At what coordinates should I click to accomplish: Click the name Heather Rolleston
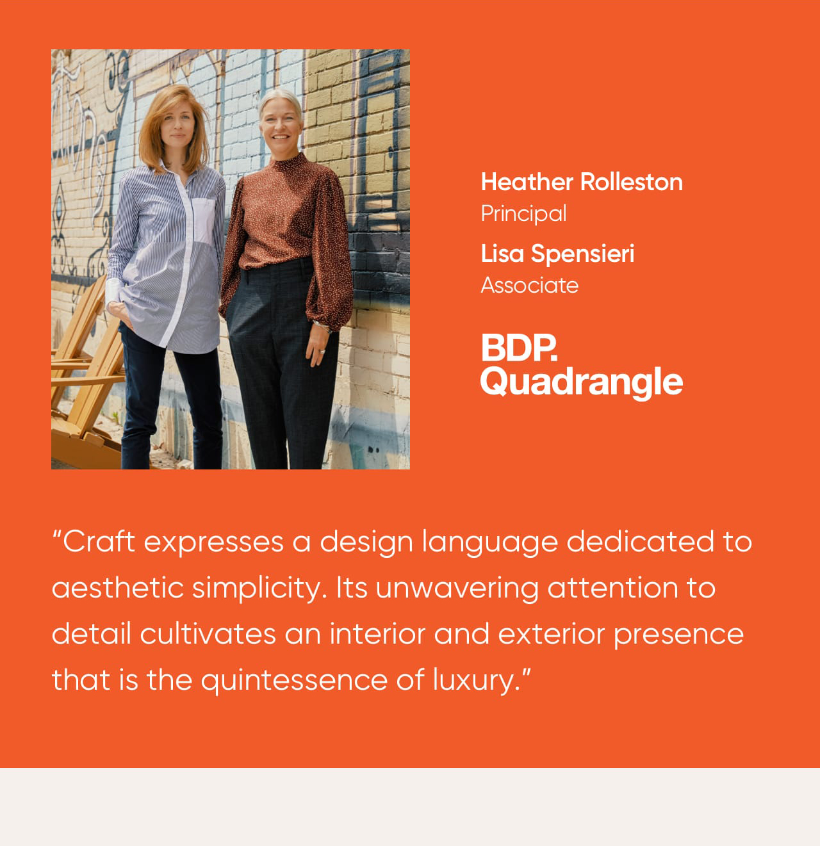[x=582, y=182]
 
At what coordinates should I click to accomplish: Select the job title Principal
[x=523, y=214]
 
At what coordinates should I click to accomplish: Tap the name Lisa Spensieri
[x=557, y=254]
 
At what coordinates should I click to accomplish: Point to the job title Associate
[x=530, y=285]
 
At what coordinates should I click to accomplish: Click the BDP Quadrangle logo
[x=581, y=366]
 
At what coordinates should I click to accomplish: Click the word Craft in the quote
[x=98, y=542]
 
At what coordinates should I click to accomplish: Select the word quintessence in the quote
[x=294, y=679]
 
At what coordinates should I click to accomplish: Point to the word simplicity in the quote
[x=259, y=589]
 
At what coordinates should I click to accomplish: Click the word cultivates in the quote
[x=208, y=633]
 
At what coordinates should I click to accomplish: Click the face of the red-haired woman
[x=177, y=126]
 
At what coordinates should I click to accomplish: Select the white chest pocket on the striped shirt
[x=204, y=220]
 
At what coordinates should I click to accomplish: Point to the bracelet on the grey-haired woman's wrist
[x=322, y=325]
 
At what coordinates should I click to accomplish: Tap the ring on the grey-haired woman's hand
[x=322, y=351]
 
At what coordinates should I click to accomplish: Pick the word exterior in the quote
[x=552, y=633]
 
